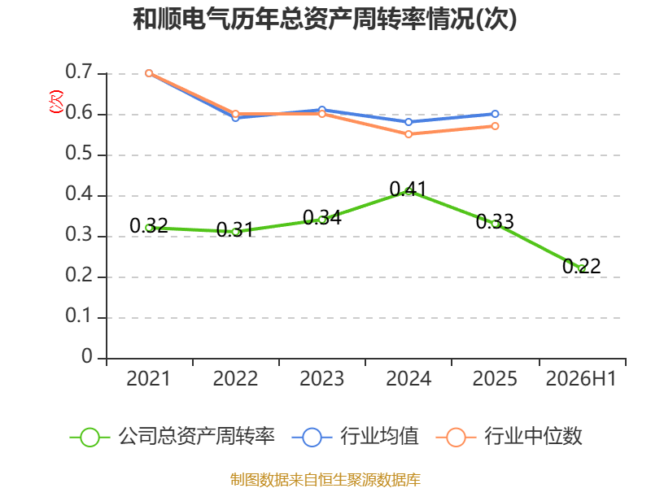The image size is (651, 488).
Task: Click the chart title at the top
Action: pyautogui.click(x=325, y=19)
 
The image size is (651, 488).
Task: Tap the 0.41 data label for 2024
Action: pyautogui.click(x=409, y=189)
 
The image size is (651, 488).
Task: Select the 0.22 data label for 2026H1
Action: pyautogui.click(x=581, y=266)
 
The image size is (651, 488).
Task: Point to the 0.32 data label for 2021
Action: pyautogui.click(x=149, y=225)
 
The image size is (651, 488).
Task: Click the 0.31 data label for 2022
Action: pyautogui.click(x=235, y=229)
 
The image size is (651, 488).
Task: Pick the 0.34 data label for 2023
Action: pyautogui.click(x=321, y=217)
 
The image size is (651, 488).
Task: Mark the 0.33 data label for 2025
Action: pyautogui.click(x=495, y=221)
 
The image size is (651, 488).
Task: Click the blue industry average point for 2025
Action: pyautogui.click(x=495, y=114)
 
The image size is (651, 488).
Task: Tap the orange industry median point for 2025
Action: pyautogui.click(x=495, y=126)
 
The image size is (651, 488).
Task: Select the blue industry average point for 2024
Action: pyautogui.click(x=409, y=121)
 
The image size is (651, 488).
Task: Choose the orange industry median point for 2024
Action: pyautogui.click(x=409, y=134)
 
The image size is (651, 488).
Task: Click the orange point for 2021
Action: pyautogui.click(x=149, y=73)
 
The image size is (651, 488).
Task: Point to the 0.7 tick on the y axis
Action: pyautogui.click(x=78, y=72)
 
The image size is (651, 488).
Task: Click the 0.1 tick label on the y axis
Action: pyautogui.click(x=78, y=316)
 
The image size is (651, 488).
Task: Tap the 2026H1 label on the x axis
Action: pyautogui.click(x=581, y=378)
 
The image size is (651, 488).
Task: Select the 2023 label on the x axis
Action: pyautogui.click(x=321, y=378)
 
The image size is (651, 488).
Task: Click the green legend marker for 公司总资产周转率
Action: pyautogui.click(x=90, y=438)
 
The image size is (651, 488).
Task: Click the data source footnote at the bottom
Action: pyautogui.click(x=325, y=480)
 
